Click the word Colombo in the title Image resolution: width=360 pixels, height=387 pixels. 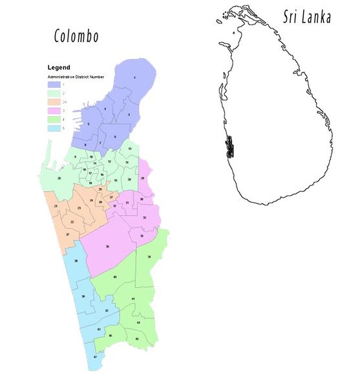(x=76, y=36)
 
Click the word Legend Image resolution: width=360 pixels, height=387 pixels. (x=59, y=67)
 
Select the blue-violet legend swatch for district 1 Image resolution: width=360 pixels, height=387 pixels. (x=53, y=85)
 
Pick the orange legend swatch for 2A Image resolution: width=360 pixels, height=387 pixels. (x=53, y=102)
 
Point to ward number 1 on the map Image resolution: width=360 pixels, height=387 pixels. (x=134, y=78)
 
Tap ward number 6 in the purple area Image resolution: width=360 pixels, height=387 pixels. (x=114, y=136)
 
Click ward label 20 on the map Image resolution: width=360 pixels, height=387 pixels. (x=59, y=178)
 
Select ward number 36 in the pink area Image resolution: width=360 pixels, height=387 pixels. (x=107, y=247)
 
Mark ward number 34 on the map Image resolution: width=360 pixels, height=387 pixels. (x=149, y=257)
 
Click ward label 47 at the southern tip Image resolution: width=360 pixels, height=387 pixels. (x=95, y=357)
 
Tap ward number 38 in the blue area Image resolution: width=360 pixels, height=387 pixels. (x=76, y=260)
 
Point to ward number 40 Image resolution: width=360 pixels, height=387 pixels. (x=115, y=277)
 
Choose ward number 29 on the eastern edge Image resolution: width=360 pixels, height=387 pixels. (x=142, y=178)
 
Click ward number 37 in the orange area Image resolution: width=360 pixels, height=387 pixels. (x=67, y=235)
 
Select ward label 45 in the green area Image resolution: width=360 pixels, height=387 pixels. (x=137, y=339)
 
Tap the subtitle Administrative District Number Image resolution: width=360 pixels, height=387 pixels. (x=72, y=77)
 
